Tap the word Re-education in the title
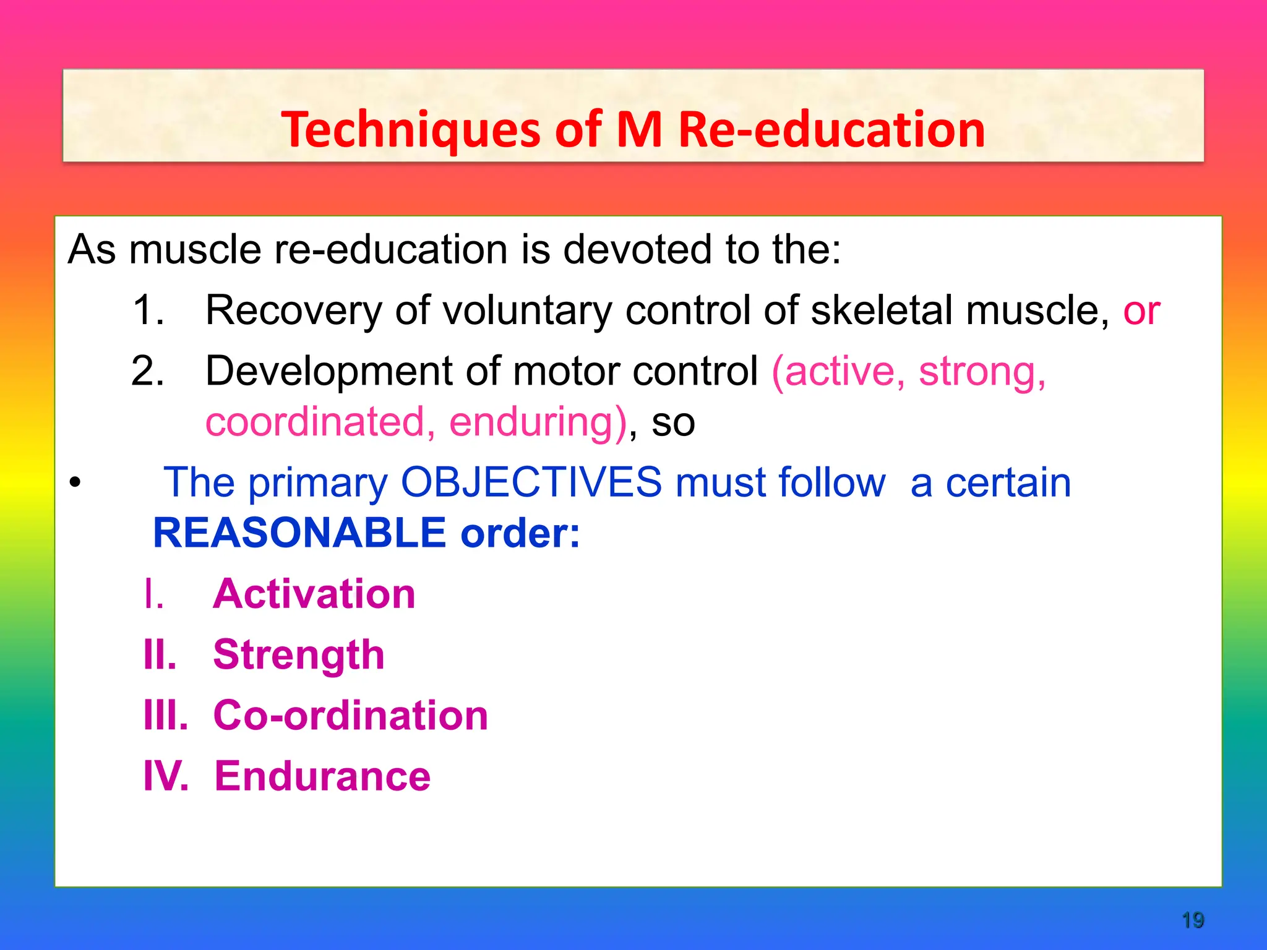click(x=831, y=130)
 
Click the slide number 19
click(x=1192, y=920)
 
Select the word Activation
click(x=314, y=594)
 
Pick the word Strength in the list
click(x=299, y=655)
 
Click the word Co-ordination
click(x=350, y=716)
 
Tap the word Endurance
click(x=322, y=776)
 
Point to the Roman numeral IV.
click(x=165, y=776)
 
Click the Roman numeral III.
click(x=165, y=716)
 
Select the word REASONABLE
click(x=299, y=533)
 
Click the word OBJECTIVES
click(x=531, y=482)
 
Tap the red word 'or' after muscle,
click(x=1141, y=311)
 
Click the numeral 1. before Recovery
click(x=148, y=310)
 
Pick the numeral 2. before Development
click(x=148, y=371)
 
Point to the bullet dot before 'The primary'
click(x=75, y=484)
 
